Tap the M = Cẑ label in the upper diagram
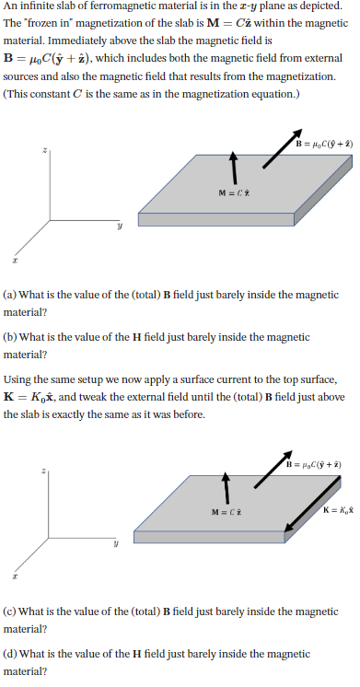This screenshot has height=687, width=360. pos(234,192)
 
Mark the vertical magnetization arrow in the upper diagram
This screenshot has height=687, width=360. pos(234,167)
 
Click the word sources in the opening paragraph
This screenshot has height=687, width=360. pos(22,78)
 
